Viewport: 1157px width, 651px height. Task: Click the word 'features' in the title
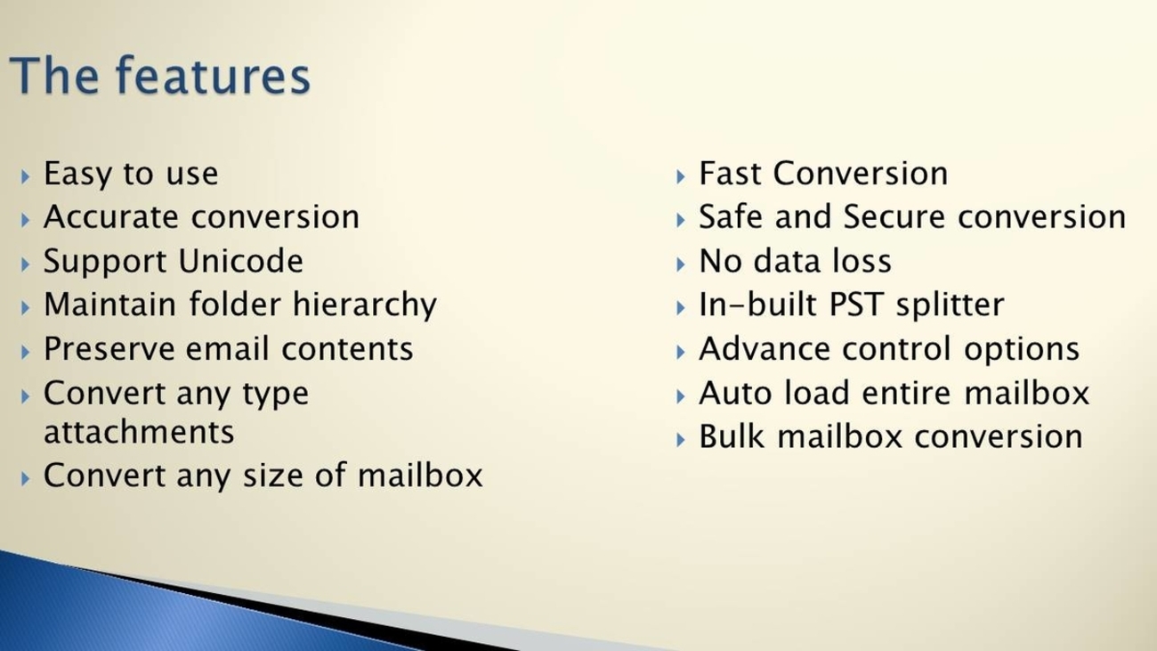point(213,76)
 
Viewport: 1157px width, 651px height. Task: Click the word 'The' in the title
point(53,76)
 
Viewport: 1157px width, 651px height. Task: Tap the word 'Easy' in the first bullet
point(77,175)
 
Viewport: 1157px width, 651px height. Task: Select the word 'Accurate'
point(111,217)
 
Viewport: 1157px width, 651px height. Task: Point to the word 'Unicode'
point(240,260)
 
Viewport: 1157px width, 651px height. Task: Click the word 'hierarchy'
point(365,305)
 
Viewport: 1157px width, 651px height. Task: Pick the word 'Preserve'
point(109,348)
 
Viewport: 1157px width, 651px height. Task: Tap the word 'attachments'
point(139,432)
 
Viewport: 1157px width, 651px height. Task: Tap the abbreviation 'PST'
point(856,305)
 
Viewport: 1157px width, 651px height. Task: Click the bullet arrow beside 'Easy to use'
point(26,176)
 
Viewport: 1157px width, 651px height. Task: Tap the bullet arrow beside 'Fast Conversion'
point(681,176)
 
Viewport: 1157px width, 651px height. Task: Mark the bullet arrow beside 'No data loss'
point(681,264)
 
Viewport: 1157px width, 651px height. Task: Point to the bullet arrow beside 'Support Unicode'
point(26,264)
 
